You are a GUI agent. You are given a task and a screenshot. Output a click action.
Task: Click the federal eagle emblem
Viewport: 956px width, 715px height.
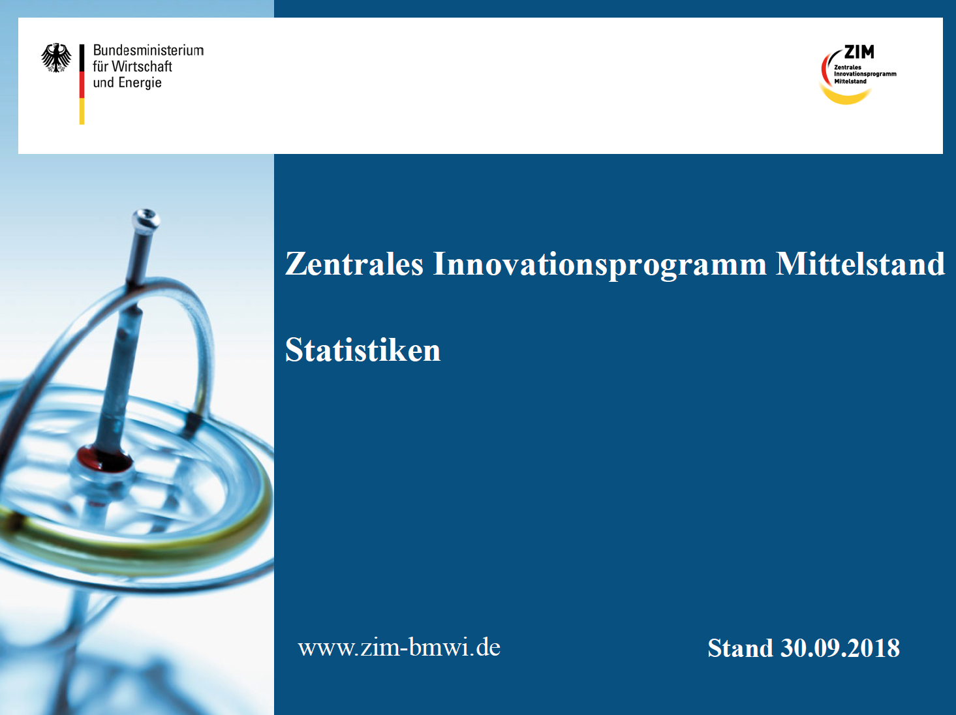(x=56, y=57)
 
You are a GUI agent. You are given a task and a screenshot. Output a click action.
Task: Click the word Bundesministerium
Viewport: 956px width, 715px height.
(x=148, y=50)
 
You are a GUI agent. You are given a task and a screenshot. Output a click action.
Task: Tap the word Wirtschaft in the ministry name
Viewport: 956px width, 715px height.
(x=142, y=67)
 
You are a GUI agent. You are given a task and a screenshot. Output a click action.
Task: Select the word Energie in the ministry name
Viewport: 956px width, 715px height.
(x=140, y=83)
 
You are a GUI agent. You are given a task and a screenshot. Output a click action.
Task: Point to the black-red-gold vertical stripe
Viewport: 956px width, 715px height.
(x=82, y=84)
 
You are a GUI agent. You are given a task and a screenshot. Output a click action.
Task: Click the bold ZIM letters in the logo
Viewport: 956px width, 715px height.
(x=859, y=52)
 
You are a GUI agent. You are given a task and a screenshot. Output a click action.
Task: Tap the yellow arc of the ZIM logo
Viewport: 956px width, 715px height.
(x=846, y=97)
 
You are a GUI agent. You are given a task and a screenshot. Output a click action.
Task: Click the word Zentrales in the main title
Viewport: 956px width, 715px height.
(x=354, y=264)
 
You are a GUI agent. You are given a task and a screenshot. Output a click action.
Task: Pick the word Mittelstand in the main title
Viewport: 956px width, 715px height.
(x=860, y=264)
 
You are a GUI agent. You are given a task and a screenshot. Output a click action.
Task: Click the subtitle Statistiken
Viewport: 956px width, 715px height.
(x=363, y=350)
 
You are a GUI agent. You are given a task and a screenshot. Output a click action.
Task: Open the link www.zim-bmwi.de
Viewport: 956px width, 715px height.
(x=399, y=647)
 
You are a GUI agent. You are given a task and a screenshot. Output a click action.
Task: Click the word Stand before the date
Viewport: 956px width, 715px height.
(x=740, y=648)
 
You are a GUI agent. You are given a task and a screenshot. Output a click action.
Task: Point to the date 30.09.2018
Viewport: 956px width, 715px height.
(x=840, y=648)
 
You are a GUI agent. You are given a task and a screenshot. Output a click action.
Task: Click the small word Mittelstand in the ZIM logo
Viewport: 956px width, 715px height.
(x=850, y=82)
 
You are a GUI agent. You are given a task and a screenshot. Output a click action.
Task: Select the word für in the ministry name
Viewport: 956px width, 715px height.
(x=100, y=67)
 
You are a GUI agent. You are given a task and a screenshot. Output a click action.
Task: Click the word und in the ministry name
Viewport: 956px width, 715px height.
(x=103, y=83)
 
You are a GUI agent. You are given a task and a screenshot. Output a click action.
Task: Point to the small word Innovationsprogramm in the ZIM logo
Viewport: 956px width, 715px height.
(x=865, y=74)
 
